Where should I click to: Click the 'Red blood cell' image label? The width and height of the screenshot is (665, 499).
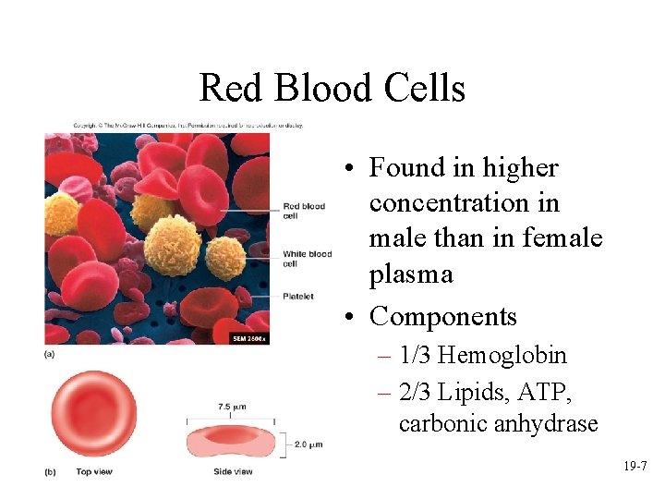[x=303, y=211]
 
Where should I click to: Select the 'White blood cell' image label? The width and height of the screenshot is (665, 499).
[x=307, y=258]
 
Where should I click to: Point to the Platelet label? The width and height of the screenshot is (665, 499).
[x=298, y=297]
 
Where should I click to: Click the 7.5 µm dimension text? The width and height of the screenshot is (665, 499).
[x=231, y=407]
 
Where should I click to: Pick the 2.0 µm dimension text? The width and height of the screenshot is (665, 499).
[x=308, y=444]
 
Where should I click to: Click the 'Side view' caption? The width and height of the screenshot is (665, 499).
[x=231, y=471]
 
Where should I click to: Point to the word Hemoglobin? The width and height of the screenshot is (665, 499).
[x=502, y=355]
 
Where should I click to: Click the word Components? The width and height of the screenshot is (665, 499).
[x=442, y=316]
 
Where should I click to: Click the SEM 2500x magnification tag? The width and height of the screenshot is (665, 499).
[x=248, y=338]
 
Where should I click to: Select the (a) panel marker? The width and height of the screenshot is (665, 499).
[x=50, y=353]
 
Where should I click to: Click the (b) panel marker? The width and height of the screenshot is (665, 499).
[x=50, y=471]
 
